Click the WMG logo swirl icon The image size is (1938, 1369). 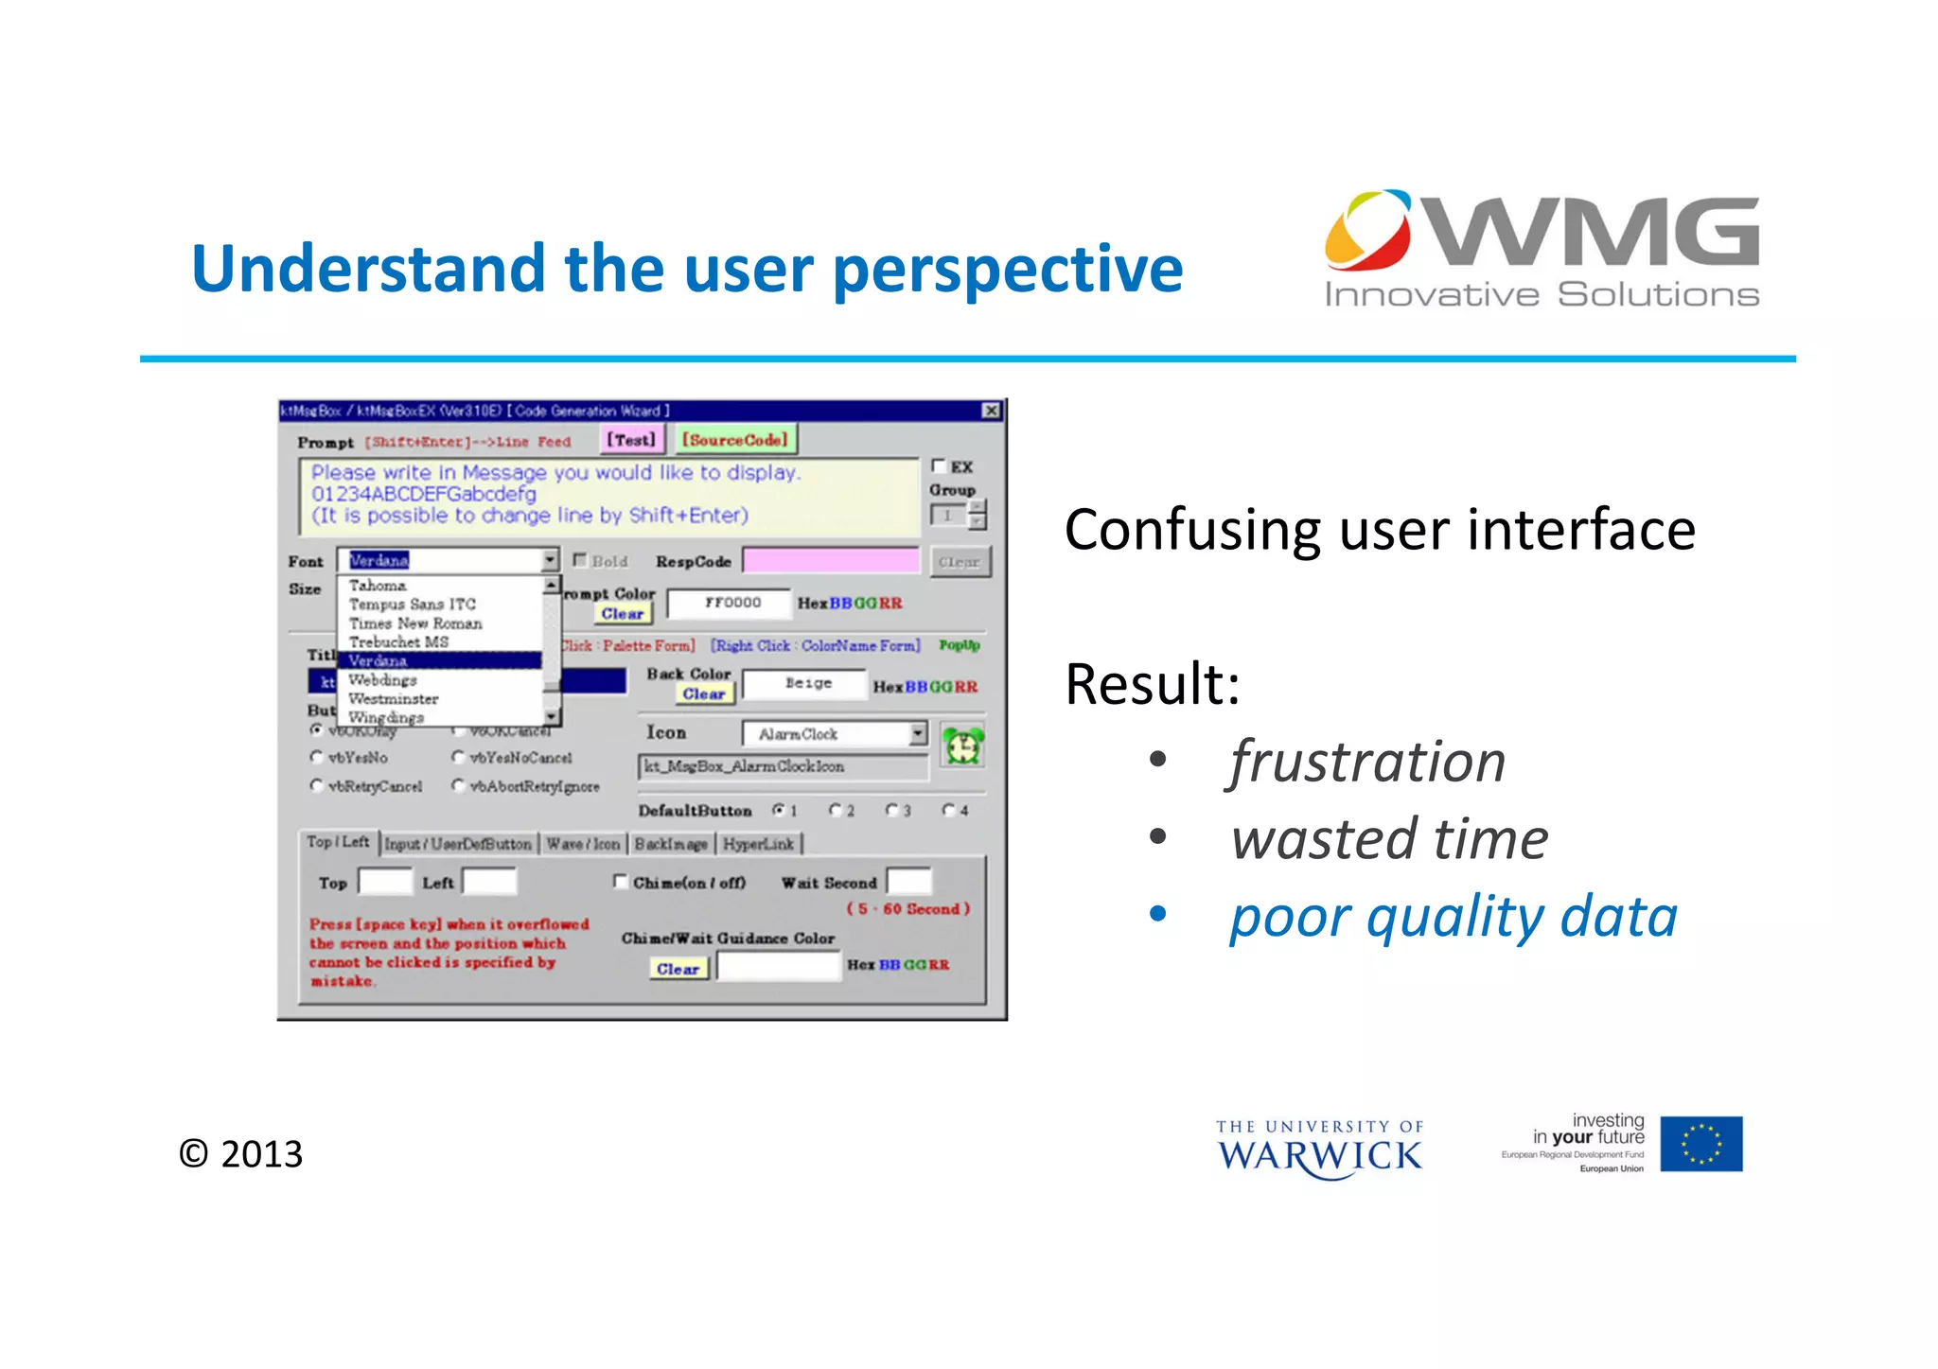pyautogui.click(x=1367, y=229)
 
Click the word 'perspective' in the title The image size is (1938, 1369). pyautogui.click(x=1007, y=270)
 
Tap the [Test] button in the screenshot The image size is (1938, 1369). pyautogui.click(x=630, y=440)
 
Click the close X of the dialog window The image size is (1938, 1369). pyautogui.click(x=991, y=411)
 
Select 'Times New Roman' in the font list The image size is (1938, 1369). pyautogui.click(x=415, y=623)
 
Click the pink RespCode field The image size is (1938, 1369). pyautogui.click(x=830, y=561)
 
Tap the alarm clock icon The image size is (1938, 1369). pyautogui.click(x=962, y=746)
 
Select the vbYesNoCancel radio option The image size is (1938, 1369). pyautogui.click(x=459, y=757)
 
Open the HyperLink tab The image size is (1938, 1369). pyautogui.click(x=758, y=844)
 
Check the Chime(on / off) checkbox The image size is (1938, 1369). pyautogui.click(x=621, y=882)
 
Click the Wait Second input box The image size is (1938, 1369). pyautogui.click(x=908, y=882)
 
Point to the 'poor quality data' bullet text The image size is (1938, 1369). pyautogui.click(x=1453, y=917)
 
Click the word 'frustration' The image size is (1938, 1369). pyautogui.click(x=1367, y=763)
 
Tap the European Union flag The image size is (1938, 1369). pyautogui.click(x=1700, y=1144)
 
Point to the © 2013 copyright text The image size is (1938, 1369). pyautogui.click(x=241, y=1154)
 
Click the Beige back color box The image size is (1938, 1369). pyautogui.click(x=806, y=684)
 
